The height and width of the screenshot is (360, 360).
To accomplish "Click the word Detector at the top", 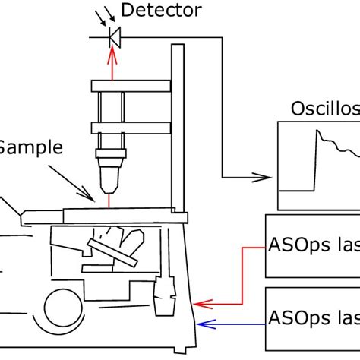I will (162, 11).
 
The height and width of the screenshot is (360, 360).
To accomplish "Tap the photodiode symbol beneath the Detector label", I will (115, 35).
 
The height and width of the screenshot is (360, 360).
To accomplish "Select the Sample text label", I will (30, 147).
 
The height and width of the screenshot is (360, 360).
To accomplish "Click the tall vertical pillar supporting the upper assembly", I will (178, 129).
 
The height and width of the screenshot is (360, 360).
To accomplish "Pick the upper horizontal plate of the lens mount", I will (122, 83).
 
